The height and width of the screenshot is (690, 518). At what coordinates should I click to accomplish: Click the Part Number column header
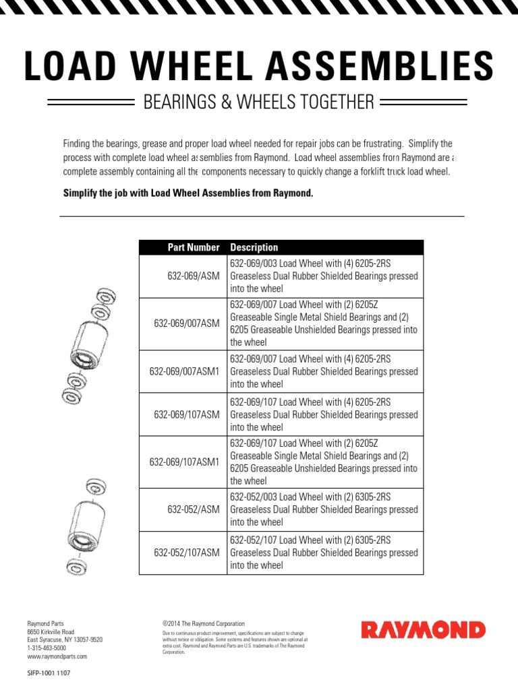(194, 247)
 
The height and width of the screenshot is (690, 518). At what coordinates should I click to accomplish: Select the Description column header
(254, 247)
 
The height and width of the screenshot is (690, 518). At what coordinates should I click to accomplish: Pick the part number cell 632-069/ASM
(194, 276)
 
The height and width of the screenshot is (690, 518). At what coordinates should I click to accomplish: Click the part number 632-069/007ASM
(187, 323)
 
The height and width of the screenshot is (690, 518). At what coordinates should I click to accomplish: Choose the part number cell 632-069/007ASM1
(184, 371)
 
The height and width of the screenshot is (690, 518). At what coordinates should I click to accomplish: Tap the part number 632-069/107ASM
(187, 414)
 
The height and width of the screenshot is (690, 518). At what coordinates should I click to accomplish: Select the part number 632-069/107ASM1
(184, 462)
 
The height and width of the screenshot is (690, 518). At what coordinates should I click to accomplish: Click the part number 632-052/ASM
(194, 509)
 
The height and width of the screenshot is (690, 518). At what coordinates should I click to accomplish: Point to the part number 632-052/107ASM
(187, 553)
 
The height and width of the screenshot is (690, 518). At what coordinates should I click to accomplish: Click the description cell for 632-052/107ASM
(324, 553)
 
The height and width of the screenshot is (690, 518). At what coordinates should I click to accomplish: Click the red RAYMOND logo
(423, 630)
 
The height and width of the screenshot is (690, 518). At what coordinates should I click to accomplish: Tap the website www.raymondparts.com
(57, 656)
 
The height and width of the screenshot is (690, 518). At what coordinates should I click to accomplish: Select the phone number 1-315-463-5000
(46, 648)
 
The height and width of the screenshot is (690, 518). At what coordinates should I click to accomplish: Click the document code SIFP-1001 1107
(49, 672)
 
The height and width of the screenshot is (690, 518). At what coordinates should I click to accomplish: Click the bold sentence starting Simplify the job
(188, 193)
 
